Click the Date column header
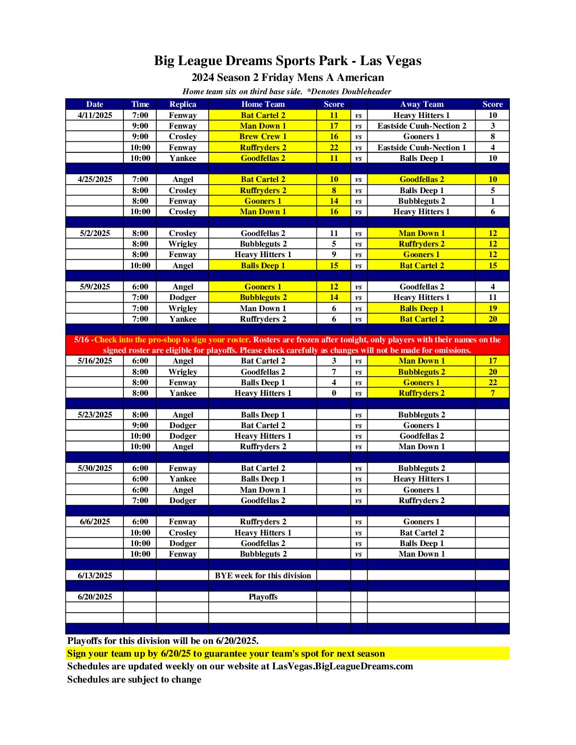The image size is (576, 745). (x=95, y=104)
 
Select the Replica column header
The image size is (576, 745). (x=183, y=104)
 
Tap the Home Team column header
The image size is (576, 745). (x=263, y=104)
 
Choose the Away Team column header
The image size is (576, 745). (x=421, y=104)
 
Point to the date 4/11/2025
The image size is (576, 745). (x=95, y=115)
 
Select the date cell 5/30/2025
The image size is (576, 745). (x=95, y=468)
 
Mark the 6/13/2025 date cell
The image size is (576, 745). (x=95, y=576)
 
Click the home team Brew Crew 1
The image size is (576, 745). (x=263, y=137)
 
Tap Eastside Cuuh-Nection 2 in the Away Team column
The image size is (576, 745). (x=421, y=126)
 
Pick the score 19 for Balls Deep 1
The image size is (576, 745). (x=492, y=308)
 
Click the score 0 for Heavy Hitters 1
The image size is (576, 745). (x=334, y=393)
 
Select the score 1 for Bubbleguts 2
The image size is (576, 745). (x=492, y=201)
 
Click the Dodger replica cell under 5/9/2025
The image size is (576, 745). (x=183, y=297)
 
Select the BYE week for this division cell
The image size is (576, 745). (x=263, y=576)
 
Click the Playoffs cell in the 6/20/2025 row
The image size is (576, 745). (x=263, y=597)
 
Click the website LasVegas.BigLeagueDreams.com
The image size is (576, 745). (x=342, y=666)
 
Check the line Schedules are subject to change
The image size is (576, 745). (x=134, y=679)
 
